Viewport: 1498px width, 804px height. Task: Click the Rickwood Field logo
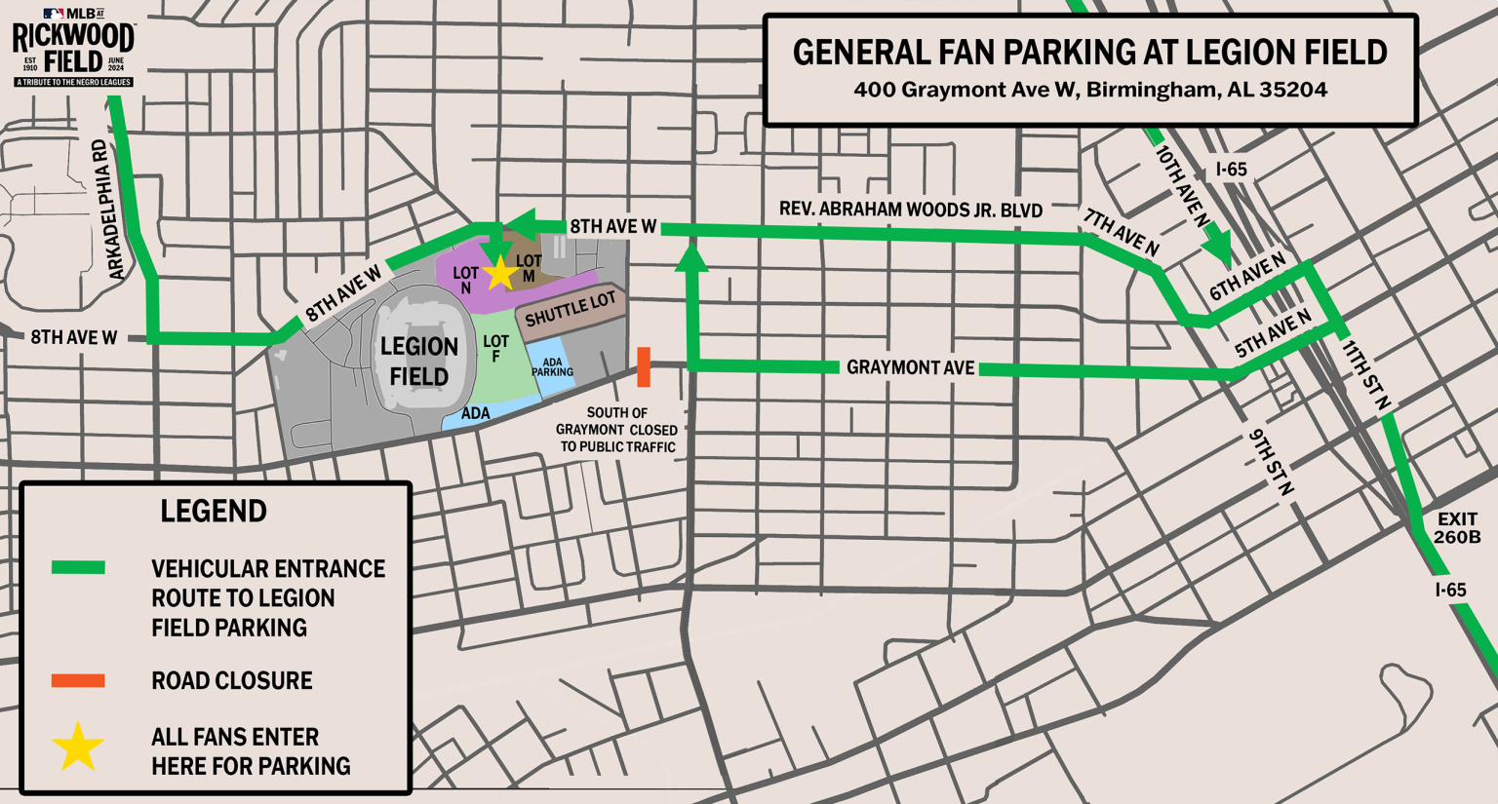73,47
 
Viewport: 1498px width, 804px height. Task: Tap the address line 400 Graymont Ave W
1089,90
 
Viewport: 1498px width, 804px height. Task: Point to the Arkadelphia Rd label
110,210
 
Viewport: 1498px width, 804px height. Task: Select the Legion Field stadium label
419,362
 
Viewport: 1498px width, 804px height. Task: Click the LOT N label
465,281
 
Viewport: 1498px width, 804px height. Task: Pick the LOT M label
529,269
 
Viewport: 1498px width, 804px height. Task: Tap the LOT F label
495,349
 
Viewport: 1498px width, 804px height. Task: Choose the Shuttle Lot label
571,310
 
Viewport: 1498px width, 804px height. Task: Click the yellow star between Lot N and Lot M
499,274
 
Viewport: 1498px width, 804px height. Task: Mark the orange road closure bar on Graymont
644,366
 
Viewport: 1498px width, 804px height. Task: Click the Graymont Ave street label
910,367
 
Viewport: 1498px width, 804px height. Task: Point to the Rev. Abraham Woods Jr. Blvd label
911,210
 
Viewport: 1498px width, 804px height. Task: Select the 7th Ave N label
1121,233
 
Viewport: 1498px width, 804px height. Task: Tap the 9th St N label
1271,462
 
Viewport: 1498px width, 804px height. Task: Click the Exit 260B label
1457,528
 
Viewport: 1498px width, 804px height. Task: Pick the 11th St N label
1366,374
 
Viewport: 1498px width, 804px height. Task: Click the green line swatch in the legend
78,568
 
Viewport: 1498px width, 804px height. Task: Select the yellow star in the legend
78,747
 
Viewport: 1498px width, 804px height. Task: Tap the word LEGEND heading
214,512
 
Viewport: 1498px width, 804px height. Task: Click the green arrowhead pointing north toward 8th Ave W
691,257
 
